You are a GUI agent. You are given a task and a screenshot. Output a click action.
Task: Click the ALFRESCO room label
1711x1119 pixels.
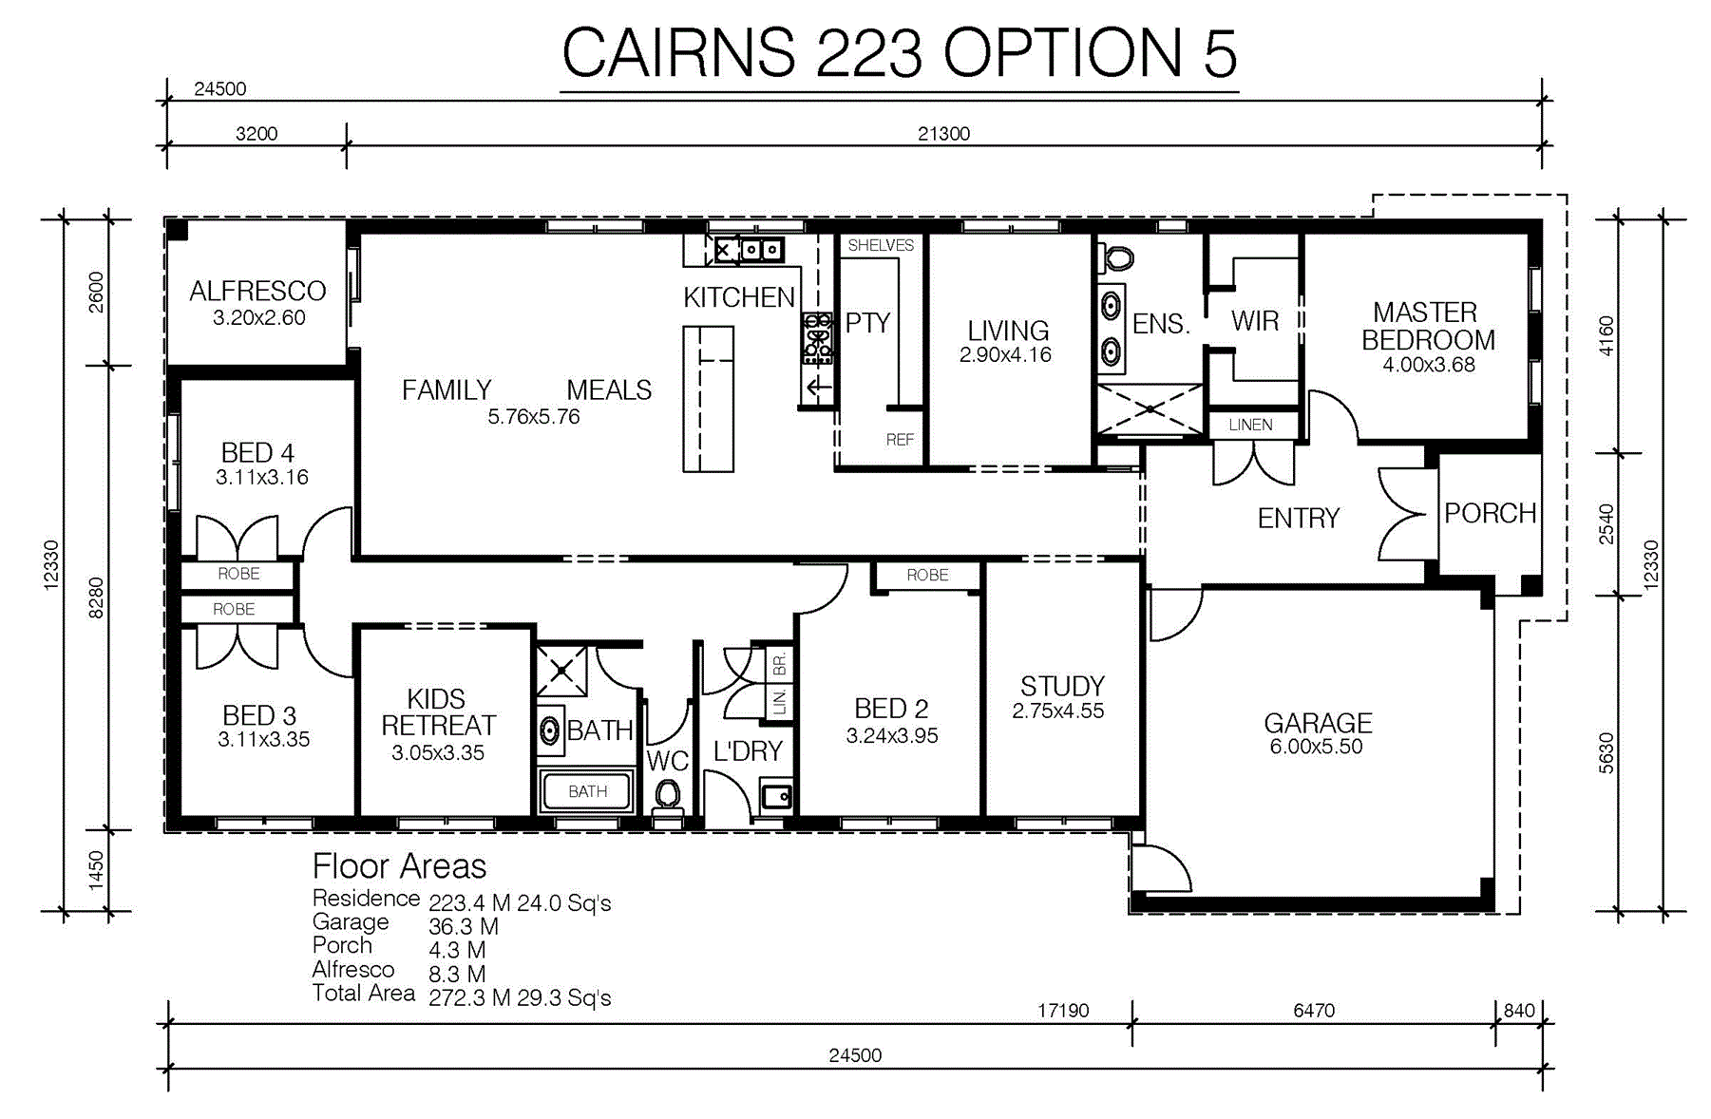point(257,291)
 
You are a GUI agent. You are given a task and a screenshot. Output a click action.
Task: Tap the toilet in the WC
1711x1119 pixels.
point(668,797)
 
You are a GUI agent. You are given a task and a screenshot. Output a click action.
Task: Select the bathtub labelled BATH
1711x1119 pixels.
point(586,791)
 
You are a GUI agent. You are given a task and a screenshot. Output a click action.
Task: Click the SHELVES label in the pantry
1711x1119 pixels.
point(881,245)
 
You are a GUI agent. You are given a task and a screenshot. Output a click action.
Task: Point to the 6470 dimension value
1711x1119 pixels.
point(1314,1011)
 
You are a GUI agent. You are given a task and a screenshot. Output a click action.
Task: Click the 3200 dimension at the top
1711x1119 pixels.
point(257,134)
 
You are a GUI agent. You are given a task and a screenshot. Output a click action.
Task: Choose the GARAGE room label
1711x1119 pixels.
point(1318,723)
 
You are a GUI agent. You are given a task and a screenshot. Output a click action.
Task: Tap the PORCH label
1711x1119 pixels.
point(1491,514)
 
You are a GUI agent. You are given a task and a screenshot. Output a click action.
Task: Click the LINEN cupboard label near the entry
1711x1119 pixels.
point(1250,425)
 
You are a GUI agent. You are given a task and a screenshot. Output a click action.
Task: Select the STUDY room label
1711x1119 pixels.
point(1062,686)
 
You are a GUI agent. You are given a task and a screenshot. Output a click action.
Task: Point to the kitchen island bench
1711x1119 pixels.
point(708,399)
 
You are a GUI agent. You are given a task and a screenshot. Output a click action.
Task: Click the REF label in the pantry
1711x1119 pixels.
point(900,440)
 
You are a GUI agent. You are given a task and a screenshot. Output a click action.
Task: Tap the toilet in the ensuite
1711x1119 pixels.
point(1118,257)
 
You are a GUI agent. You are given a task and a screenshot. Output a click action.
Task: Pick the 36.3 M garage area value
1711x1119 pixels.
point(464,926)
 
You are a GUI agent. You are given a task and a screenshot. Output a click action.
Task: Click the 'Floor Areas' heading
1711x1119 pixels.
point(399,866)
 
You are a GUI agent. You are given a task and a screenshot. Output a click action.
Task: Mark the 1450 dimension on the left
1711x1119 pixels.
point(96,870)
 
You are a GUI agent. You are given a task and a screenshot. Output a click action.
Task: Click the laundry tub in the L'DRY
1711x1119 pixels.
point(776,795)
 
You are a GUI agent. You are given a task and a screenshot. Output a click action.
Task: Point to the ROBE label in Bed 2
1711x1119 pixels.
point(927,575)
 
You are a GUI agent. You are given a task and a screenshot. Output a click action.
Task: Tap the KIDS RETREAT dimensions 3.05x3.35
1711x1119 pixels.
point(438,753)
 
